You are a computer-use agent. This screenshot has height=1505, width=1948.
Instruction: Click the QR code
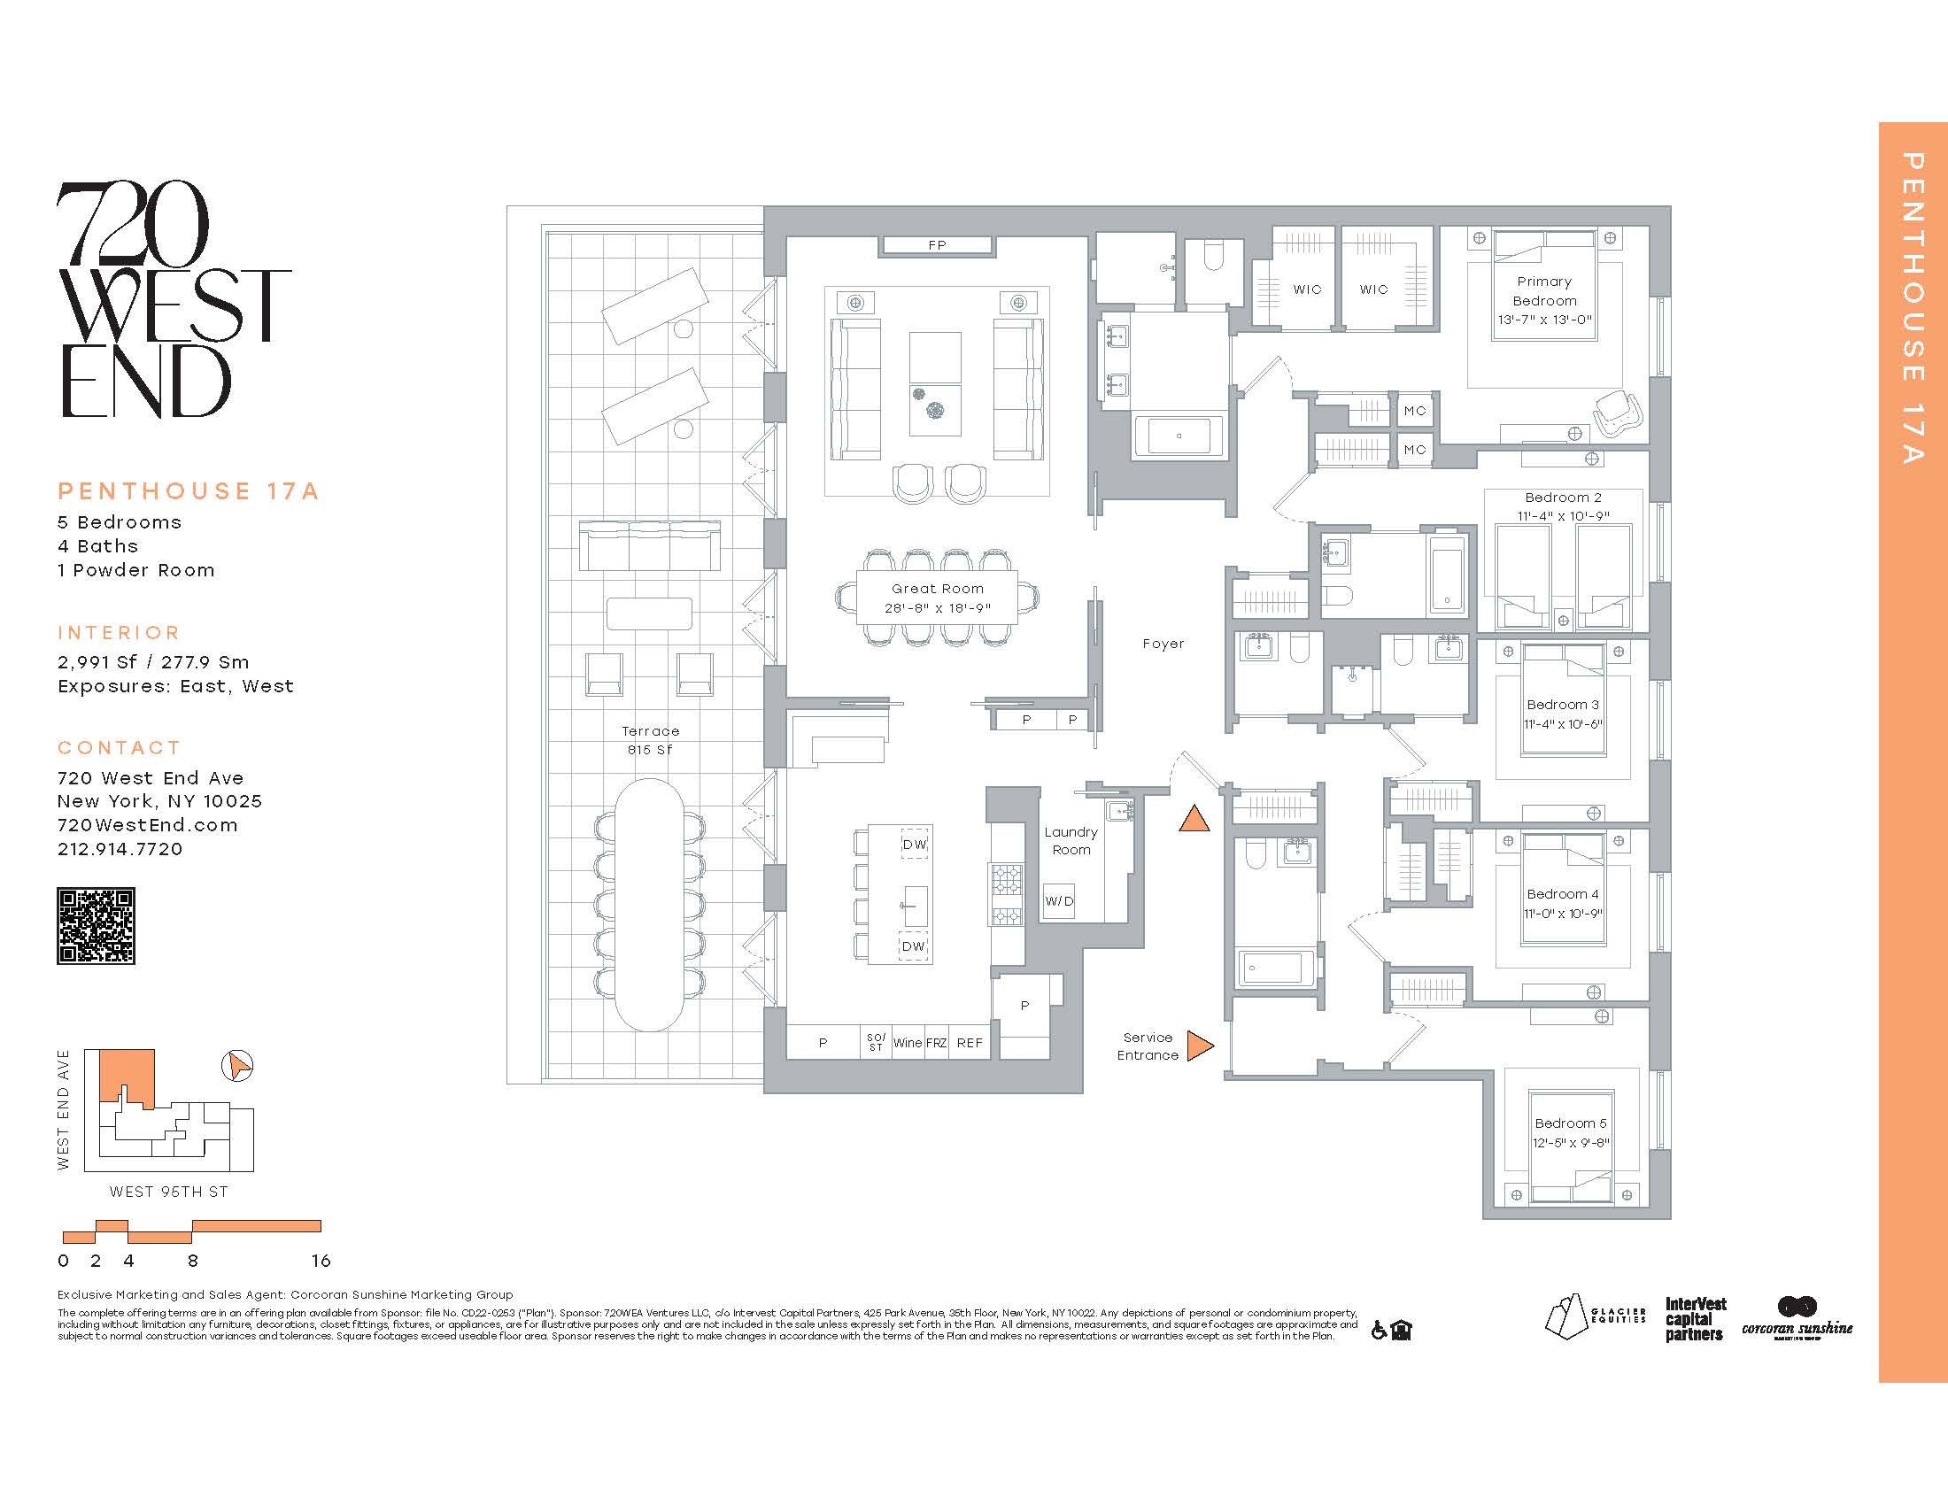(97, 926)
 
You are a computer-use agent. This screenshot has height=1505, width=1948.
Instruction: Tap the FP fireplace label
(937, 245)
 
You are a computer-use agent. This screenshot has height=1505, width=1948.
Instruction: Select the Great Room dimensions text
(938, 608)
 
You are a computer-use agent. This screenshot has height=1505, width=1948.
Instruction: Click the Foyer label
(1163, 644)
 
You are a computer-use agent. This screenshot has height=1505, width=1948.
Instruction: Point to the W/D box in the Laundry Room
(1060, 901)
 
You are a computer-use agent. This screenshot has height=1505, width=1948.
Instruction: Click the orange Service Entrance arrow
(1201, 1046)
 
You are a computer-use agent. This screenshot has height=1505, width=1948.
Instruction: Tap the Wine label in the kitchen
(908, 1042)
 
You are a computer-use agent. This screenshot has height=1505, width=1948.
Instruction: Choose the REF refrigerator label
(970, 1042)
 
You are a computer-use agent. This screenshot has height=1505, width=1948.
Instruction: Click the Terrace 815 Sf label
(650, 740)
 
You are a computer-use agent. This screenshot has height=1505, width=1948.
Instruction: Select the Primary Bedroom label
(1545, 291)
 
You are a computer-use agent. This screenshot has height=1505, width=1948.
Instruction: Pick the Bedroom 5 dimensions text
(1571, 1143)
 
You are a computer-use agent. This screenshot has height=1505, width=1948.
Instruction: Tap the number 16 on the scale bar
(321, 1261)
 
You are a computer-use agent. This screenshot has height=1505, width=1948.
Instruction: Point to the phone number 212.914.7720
(120, 849)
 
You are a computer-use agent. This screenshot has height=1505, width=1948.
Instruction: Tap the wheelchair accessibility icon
(1379, 1331)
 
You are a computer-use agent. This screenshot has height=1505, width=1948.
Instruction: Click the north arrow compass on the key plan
(236, 1065)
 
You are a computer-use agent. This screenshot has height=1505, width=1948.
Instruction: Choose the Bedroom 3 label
(1563, 705)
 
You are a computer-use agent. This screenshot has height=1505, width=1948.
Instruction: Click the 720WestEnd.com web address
(148, 826)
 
